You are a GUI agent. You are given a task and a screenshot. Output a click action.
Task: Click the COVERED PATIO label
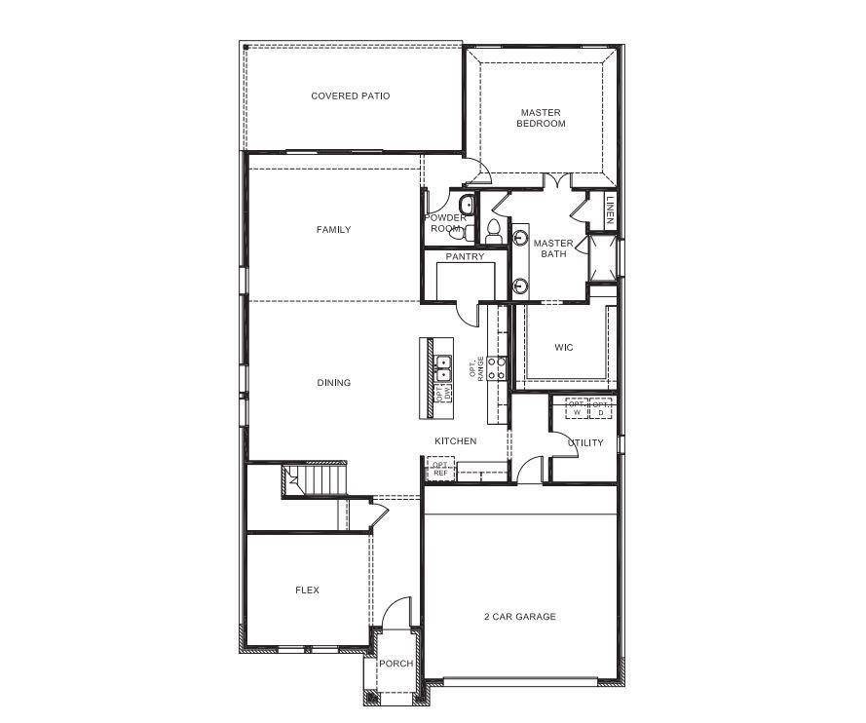pos(350,95)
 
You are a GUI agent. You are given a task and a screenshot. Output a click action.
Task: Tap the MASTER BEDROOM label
pos(541,118)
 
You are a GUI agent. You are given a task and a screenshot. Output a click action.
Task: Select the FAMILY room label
pos(333,230)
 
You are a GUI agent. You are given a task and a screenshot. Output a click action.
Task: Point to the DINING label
pos(333,383)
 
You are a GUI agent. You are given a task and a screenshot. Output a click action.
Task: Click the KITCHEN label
pos(455,441)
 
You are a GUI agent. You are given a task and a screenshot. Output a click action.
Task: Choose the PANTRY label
pos(465,257)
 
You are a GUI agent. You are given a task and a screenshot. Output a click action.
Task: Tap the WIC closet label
pos(563,347)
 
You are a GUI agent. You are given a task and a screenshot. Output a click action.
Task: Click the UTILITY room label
pos(585,442)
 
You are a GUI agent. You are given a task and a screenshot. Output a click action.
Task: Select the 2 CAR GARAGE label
pos(520,617)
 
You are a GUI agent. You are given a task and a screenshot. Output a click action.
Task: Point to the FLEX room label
pos(307,590)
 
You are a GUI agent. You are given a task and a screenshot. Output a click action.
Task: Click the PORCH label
pos(395,664)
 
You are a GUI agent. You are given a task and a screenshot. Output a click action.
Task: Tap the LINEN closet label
pos(610,210)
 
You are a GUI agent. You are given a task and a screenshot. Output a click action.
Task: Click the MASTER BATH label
pos(552,248)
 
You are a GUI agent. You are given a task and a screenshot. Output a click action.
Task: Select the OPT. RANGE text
pos(476,367)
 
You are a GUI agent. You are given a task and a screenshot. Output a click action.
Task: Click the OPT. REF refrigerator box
pos(439,469)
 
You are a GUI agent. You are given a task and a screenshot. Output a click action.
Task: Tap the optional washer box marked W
pos(577,407)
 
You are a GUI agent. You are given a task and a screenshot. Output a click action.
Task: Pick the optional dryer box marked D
pos(601,407)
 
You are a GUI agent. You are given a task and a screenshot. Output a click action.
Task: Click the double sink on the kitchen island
pos(443,367)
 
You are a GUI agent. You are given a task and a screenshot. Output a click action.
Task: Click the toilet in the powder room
pos(458,232)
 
